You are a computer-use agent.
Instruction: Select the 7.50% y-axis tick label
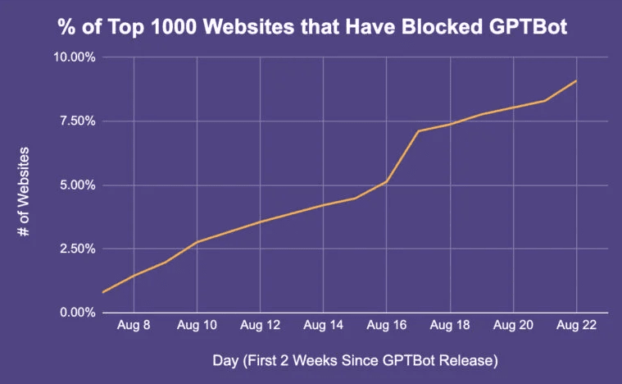[x=75, y=121]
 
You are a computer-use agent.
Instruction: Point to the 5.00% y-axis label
[x=75, y=185]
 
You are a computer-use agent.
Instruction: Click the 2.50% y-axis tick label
[x=75, y=249]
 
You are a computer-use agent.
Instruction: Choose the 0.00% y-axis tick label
[x=75, y=313]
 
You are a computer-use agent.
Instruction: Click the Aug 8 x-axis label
[x=133, y=325]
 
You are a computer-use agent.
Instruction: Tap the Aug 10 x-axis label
[x=197, y=325]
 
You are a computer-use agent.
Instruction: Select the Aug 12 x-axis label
[x=260, y=325]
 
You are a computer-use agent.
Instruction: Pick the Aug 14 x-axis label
[x=323, y=325]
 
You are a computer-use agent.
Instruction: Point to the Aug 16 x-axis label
[x=387, y=325]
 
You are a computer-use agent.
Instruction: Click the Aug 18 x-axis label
[x=450, y=325]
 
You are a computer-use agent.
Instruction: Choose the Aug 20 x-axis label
[x=513, y=325]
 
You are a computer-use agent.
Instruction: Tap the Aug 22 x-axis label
[x=576, y=325]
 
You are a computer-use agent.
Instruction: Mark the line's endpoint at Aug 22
[x=577, y=80]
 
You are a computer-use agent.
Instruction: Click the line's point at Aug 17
[x=418, y=131]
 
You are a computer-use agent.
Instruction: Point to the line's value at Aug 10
[x=197, y=242]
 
